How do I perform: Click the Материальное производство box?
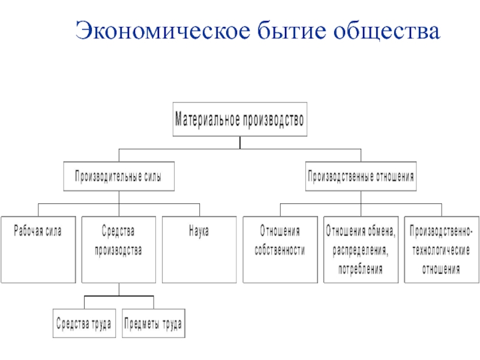[x=239, y=120]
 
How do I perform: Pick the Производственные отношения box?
[x=361, y=177]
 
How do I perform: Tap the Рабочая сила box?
[x=38, y=249]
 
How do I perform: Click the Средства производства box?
[x=118, y=249]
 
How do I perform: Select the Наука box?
[x=199, y=249]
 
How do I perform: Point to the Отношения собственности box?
[x=280, y=249]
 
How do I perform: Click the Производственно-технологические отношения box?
[x=441, y=249]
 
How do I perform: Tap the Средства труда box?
[x=84, y=324]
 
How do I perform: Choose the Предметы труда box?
[x=153, y=324]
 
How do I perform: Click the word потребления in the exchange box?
[x=361, y=269]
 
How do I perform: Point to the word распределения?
[x=361, y=250]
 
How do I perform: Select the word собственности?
[x=280, y=251]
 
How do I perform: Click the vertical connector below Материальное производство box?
[x=239, y=142]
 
